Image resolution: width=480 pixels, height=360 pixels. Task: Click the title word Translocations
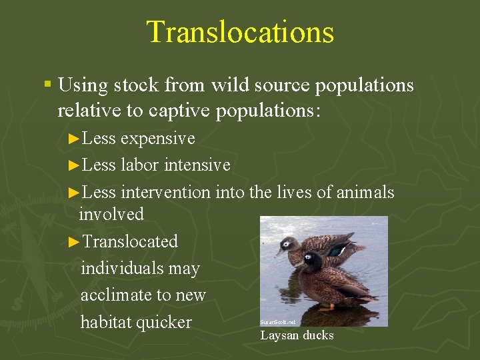click(240, 32)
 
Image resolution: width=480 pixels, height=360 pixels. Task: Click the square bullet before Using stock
click(47, 85)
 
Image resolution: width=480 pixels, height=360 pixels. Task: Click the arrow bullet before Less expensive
click(75, 139)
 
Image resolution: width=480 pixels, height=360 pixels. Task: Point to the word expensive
click(158, 139)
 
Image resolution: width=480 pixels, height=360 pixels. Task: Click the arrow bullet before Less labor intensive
click(75, 165)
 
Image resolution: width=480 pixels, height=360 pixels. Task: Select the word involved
click(111, 214)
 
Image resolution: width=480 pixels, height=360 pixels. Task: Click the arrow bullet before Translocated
click(75, 241)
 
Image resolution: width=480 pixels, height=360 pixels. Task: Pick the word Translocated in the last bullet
click(131, 241)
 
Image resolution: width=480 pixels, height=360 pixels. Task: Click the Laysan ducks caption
click(297, 335)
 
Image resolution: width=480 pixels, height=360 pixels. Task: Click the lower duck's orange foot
click(327, 307)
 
